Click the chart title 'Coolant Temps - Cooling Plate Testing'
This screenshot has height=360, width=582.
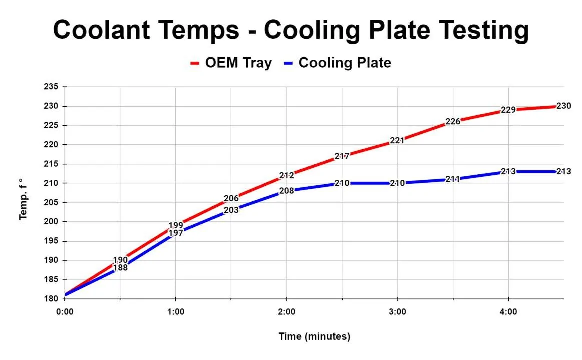(291, 30)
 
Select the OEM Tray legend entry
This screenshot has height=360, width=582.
(231, 63)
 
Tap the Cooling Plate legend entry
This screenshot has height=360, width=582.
(338, 63)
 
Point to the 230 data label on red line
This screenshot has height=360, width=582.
(563, 106)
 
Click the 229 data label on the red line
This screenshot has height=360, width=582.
(508, 110)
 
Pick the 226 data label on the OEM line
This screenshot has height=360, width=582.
(452, 121)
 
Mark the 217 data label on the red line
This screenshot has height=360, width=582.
(342, 156)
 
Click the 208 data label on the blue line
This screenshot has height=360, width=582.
(286, 191)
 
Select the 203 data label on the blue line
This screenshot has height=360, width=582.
(231, 210)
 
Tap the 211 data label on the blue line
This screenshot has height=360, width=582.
(452, 179)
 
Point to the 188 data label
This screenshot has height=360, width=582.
(120, 268)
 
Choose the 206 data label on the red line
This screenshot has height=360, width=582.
(231, 199)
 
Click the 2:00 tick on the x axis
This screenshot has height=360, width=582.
(286, 312)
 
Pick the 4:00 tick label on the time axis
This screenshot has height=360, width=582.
(508, 312)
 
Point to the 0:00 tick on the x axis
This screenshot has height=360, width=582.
(65, 312)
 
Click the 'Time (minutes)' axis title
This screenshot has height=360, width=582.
(314, 336)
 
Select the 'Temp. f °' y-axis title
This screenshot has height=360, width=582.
(23, 199)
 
